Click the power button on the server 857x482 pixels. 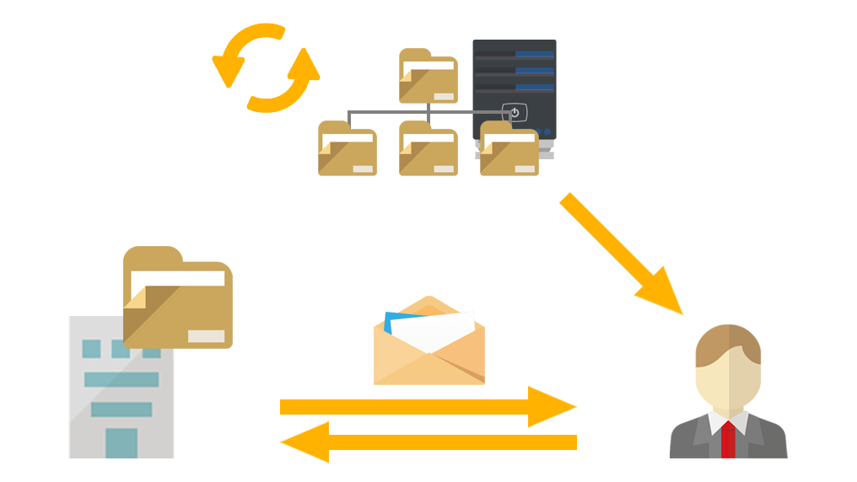(515, 112)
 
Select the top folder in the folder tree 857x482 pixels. (428, 75)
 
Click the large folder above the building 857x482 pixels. (177, 297)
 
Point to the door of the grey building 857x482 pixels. (121, 442)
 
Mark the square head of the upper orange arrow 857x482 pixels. (552, 406)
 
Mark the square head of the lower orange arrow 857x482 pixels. (304, 442)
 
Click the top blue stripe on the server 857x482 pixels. (534, 55)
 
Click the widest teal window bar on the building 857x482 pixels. (121, 379)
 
